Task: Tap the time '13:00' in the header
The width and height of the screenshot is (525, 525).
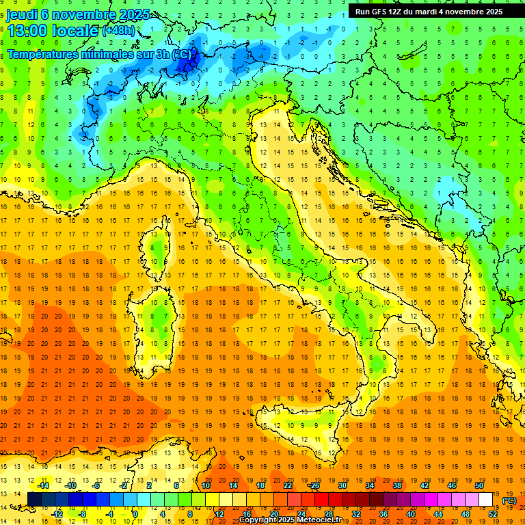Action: coord(28,31)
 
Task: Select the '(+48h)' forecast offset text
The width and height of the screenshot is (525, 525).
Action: coord(118,31)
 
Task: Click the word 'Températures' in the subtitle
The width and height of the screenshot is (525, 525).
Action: coord(41,54)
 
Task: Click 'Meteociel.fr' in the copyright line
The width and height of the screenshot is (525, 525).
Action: coord(323,520)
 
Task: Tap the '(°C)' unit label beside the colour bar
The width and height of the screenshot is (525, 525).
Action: coord(509,500)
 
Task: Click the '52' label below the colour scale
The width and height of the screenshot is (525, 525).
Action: coord(493,514)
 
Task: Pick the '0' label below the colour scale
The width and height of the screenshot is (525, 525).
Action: coord(135,514)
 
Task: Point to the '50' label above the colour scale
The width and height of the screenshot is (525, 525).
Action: coord(479,485)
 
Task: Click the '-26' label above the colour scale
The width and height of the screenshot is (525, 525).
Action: coord(314,485)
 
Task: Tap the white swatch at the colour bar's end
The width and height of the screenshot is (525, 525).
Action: coord(486,500)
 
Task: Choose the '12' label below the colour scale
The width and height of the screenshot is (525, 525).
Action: coord(219,514)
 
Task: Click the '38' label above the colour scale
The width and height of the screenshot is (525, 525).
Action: coord(396,485)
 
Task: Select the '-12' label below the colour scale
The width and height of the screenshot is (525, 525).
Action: coord(57,514)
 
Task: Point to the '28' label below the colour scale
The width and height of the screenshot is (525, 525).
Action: coord(328,514)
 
